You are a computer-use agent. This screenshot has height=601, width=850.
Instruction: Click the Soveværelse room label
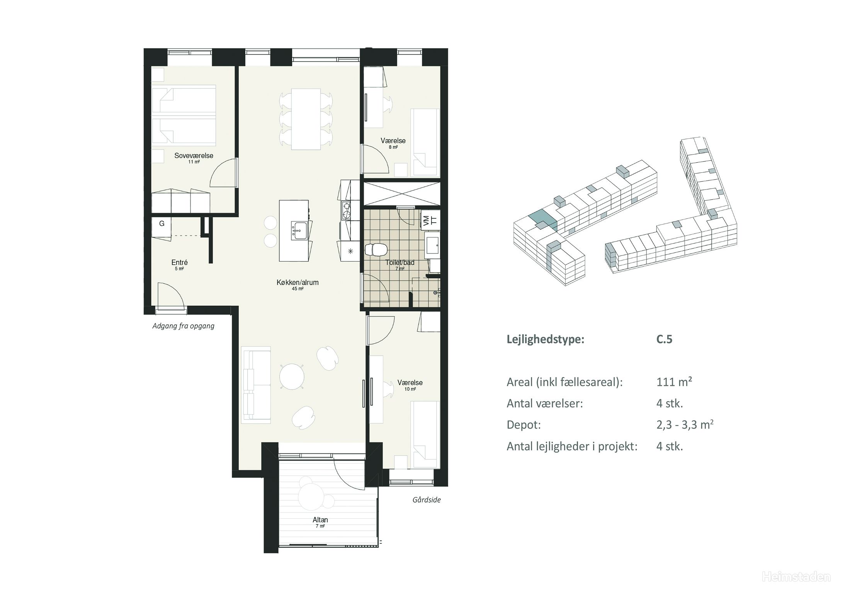point(194,156)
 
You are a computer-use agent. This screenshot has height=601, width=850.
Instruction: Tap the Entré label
point(179,262)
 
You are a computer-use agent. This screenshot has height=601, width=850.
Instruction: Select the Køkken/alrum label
point(297,283)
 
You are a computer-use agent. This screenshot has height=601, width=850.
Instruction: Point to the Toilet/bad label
point(400,262)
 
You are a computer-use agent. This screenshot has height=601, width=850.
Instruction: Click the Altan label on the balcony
point(320,520)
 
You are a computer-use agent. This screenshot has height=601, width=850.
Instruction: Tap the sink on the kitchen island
point(299,231)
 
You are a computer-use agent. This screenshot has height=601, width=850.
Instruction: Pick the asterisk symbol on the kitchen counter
point(350,252)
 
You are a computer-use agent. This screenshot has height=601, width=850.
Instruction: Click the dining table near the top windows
point(306,119)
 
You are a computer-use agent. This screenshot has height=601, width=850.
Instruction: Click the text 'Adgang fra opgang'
point(183,326)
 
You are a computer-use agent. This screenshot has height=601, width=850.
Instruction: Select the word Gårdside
point(427,500)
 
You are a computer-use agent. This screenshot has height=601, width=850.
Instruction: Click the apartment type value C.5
point(664,339)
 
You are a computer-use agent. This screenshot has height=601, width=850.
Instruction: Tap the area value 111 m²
point(674,382)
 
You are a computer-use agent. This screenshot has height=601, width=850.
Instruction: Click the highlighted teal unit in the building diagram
point(543,220)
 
